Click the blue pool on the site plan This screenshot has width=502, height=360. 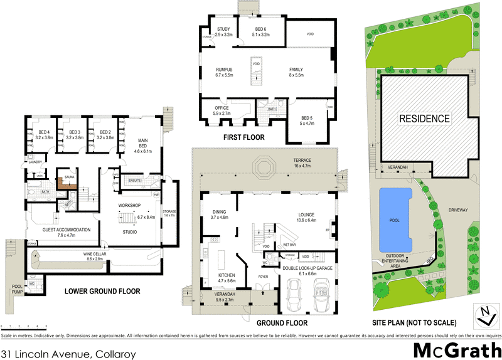tap(395, 220)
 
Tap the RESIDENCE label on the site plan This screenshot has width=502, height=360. tap(426, 119)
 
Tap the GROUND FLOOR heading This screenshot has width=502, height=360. tap(282, 324)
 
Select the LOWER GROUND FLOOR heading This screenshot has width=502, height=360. tap(102, 292)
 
